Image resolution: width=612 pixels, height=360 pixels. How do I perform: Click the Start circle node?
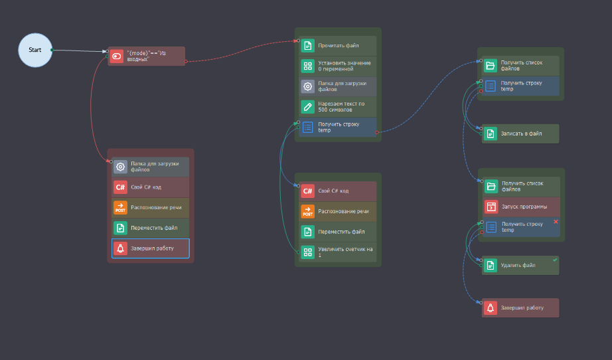coord(35,50)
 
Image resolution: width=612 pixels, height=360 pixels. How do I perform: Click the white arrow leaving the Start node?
coord(80,50)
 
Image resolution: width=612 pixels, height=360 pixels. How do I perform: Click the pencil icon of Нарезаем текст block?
coord(307,106)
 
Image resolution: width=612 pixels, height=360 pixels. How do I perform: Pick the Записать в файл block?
coord(520,134)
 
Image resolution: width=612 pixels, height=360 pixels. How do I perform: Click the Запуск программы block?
coord(520,207)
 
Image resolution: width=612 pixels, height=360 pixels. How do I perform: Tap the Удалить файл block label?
coord(518,265)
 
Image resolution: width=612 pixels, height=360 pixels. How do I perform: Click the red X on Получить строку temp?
coord(556,221)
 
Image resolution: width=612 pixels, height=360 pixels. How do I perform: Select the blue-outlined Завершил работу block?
coord(151,248)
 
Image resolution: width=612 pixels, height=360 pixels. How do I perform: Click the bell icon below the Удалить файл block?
coord(491,308)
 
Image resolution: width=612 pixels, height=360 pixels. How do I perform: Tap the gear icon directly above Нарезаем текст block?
coord(307,86)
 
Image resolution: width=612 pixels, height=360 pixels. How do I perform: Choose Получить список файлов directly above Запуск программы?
coord(520,187)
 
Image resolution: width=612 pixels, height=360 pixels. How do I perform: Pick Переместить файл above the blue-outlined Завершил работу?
coord(151,228)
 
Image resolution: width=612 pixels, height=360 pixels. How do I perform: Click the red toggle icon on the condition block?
coord(117,56)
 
